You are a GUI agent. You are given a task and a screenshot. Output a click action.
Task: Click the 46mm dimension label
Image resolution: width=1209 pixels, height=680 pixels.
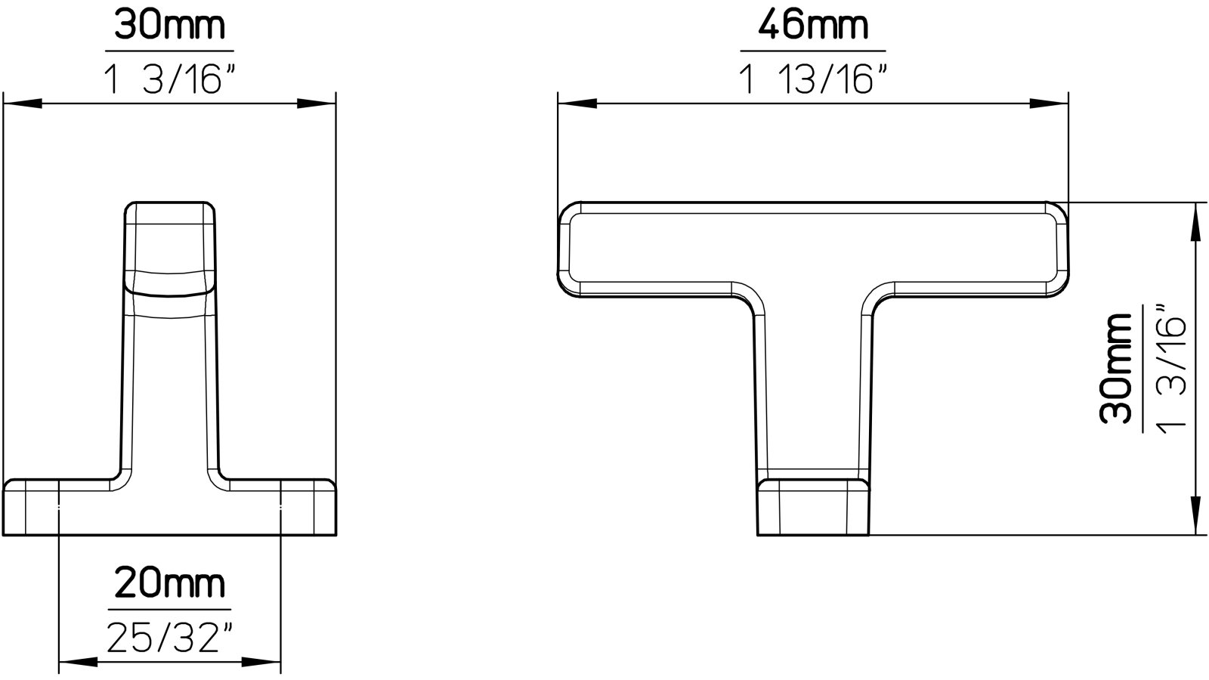812,28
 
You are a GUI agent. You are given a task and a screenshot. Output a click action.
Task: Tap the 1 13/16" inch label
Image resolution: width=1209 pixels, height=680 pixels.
812,78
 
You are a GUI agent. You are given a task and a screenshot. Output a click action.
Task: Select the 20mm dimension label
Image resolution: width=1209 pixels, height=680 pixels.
169,585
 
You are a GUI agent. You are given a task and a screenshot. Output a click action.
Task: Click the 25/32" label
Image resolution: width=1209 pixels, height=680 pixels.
169,638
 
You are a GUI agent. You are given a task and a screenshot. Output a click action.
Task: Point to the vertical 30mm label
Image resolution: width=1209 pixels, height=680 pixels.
1116,369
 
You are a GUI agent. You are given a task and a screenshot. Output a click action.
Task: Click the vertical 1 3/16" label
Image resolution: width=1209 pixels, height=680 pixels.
1170,369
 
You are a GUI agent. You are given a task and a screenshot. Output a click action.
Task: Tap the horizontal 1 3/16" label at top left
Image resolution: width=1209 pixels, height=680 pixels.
169,79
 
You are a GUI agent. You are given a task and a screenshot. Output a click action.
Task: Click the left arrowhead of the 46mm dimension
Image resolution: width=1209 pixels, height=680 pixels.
574,104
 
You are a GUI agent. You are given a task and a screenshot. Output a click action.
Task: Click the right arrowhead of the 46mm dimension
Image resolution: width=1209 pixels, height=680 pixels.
1052,104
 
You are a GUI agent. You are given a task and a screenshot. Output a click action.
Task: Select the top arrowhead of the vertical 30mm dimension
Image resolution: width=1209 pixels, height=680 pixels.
1195,219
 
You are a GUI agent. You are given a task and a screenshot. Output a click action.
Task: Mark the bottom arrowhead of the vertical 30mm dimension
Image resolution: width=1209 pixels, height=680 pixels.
1195,518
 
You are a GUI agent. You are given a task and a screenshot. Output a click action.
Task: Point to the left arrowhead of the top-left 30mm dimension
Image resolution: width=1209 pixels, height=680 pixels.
23,104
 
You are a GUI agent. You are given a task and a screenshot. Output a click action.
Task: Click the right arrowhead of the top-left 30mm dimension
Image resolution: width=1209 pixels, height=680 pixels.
317,104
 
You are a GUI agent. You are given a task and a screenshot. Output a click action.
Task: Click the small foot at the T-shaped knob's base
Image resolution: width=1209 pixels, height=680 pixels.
813,507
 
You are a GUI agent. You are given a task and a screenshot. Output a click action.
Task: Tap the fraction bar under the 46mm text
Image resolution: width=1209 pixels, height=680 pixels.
812,51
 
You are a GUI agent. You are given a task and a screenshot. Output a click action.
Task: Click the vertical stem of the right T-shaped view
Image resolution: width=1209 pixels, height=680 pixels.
809,393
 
